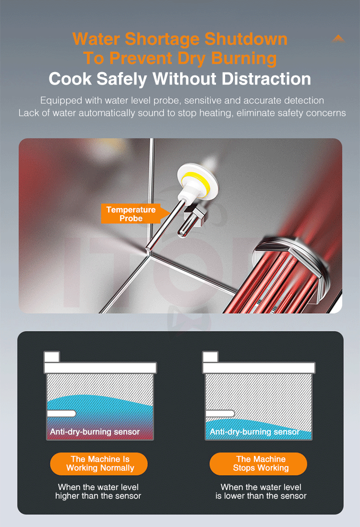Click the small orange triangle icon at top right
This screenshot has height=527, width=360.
click(x=338, y=38)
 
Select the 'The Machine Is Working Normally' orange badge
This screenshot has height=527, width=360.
click(x=99, y=464)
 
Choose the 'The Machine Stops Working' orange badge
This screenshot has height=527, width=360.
click(x=258, y=464)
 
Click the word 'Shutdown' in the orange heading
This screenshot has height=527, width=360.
click(x=246, y=39)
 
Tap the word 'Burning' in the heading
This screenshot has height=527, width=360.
click(x=244, y=59)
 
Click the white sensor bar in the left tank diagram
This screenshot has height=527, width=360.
click(x=61, y=414)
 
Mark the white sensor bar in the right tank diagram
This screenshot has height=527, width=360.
click(x=220, y=414)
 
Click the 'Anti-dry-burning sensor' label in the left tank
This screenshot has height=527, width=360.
click(x=95, y=432)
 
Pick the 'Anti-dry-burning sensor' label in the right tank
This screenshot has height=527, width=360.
click(x=254, y=432)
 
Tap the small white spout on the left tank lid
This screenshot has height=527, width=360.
click(x=52, y=356)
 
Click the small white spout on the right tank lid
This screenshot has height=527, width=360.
click(x=211, y=356)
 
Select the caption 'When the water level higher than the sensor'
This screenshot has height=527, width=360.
click(x=98, y=491)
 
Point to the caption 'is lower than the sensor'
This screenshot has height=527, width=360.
click(x=261, y=496)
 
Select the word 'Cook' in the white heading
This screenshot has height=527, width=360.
click(x=70, y=79)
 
